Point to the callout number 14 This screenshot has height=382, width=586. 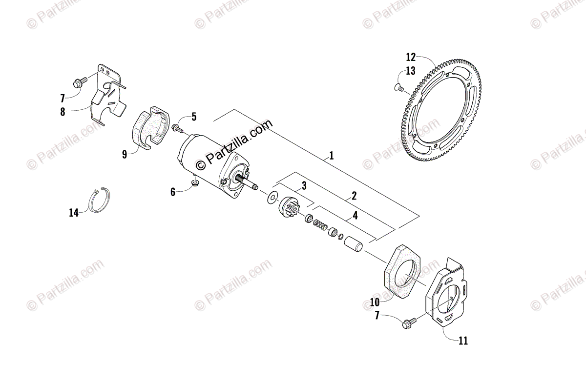pos(74,213)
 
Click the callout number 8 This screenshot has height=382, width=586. pos(63,112)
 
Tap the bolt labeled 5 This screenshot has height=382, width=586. pos(178,129)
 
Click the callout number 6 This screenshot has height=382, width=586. pos(173,192)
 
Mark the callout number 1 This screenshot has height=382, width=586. pos(332,156)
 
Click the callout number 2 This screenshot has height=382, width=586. pos(354,196)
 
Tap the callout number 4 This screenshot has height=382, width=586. pos(355,215)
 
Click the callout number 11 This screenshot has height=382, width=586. pos(463,341)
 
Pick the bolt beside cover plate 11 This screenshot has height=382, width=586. pos(409,322)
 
